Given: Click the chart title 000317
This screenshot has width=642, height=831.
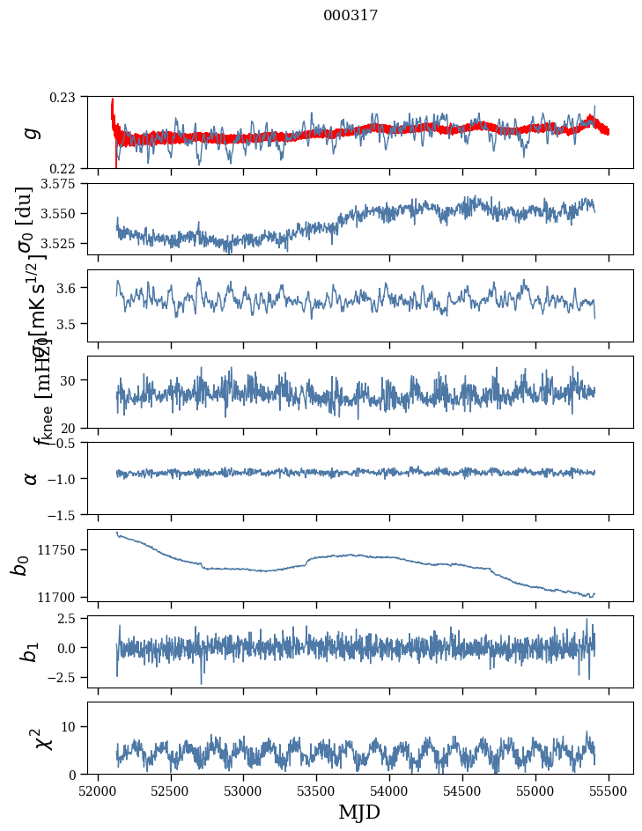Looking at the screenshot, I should tap(351, 16).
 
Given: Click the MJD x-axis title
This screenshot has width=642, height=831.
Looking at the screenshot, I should tap(359, 812).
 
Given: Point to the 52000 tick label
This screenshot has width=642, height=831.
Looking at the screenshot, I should tap(98, 791).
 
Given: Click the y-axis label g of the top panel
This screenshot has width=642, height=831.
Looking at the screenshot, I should tap(31, 132).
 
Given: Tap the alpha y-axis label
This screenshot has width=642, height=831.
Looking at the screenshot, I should tap(31, 478).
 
